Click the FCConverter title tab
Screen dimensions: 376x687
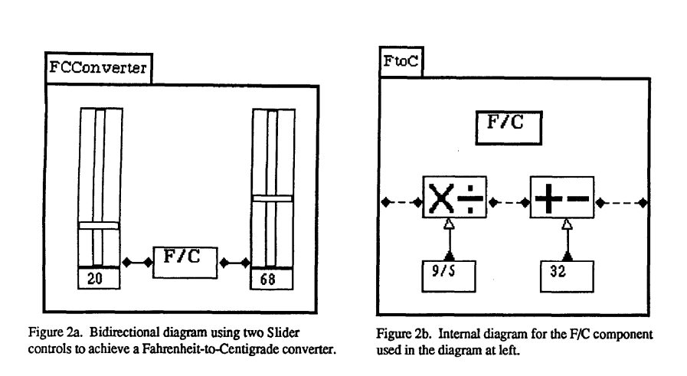pos(98,69)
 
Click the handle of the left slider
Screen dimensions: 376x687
pos(98,225)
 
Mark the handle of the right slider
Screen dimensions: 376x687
pos(273,198)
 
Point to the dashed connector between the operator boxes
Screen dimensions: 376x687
pos(509,203)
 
